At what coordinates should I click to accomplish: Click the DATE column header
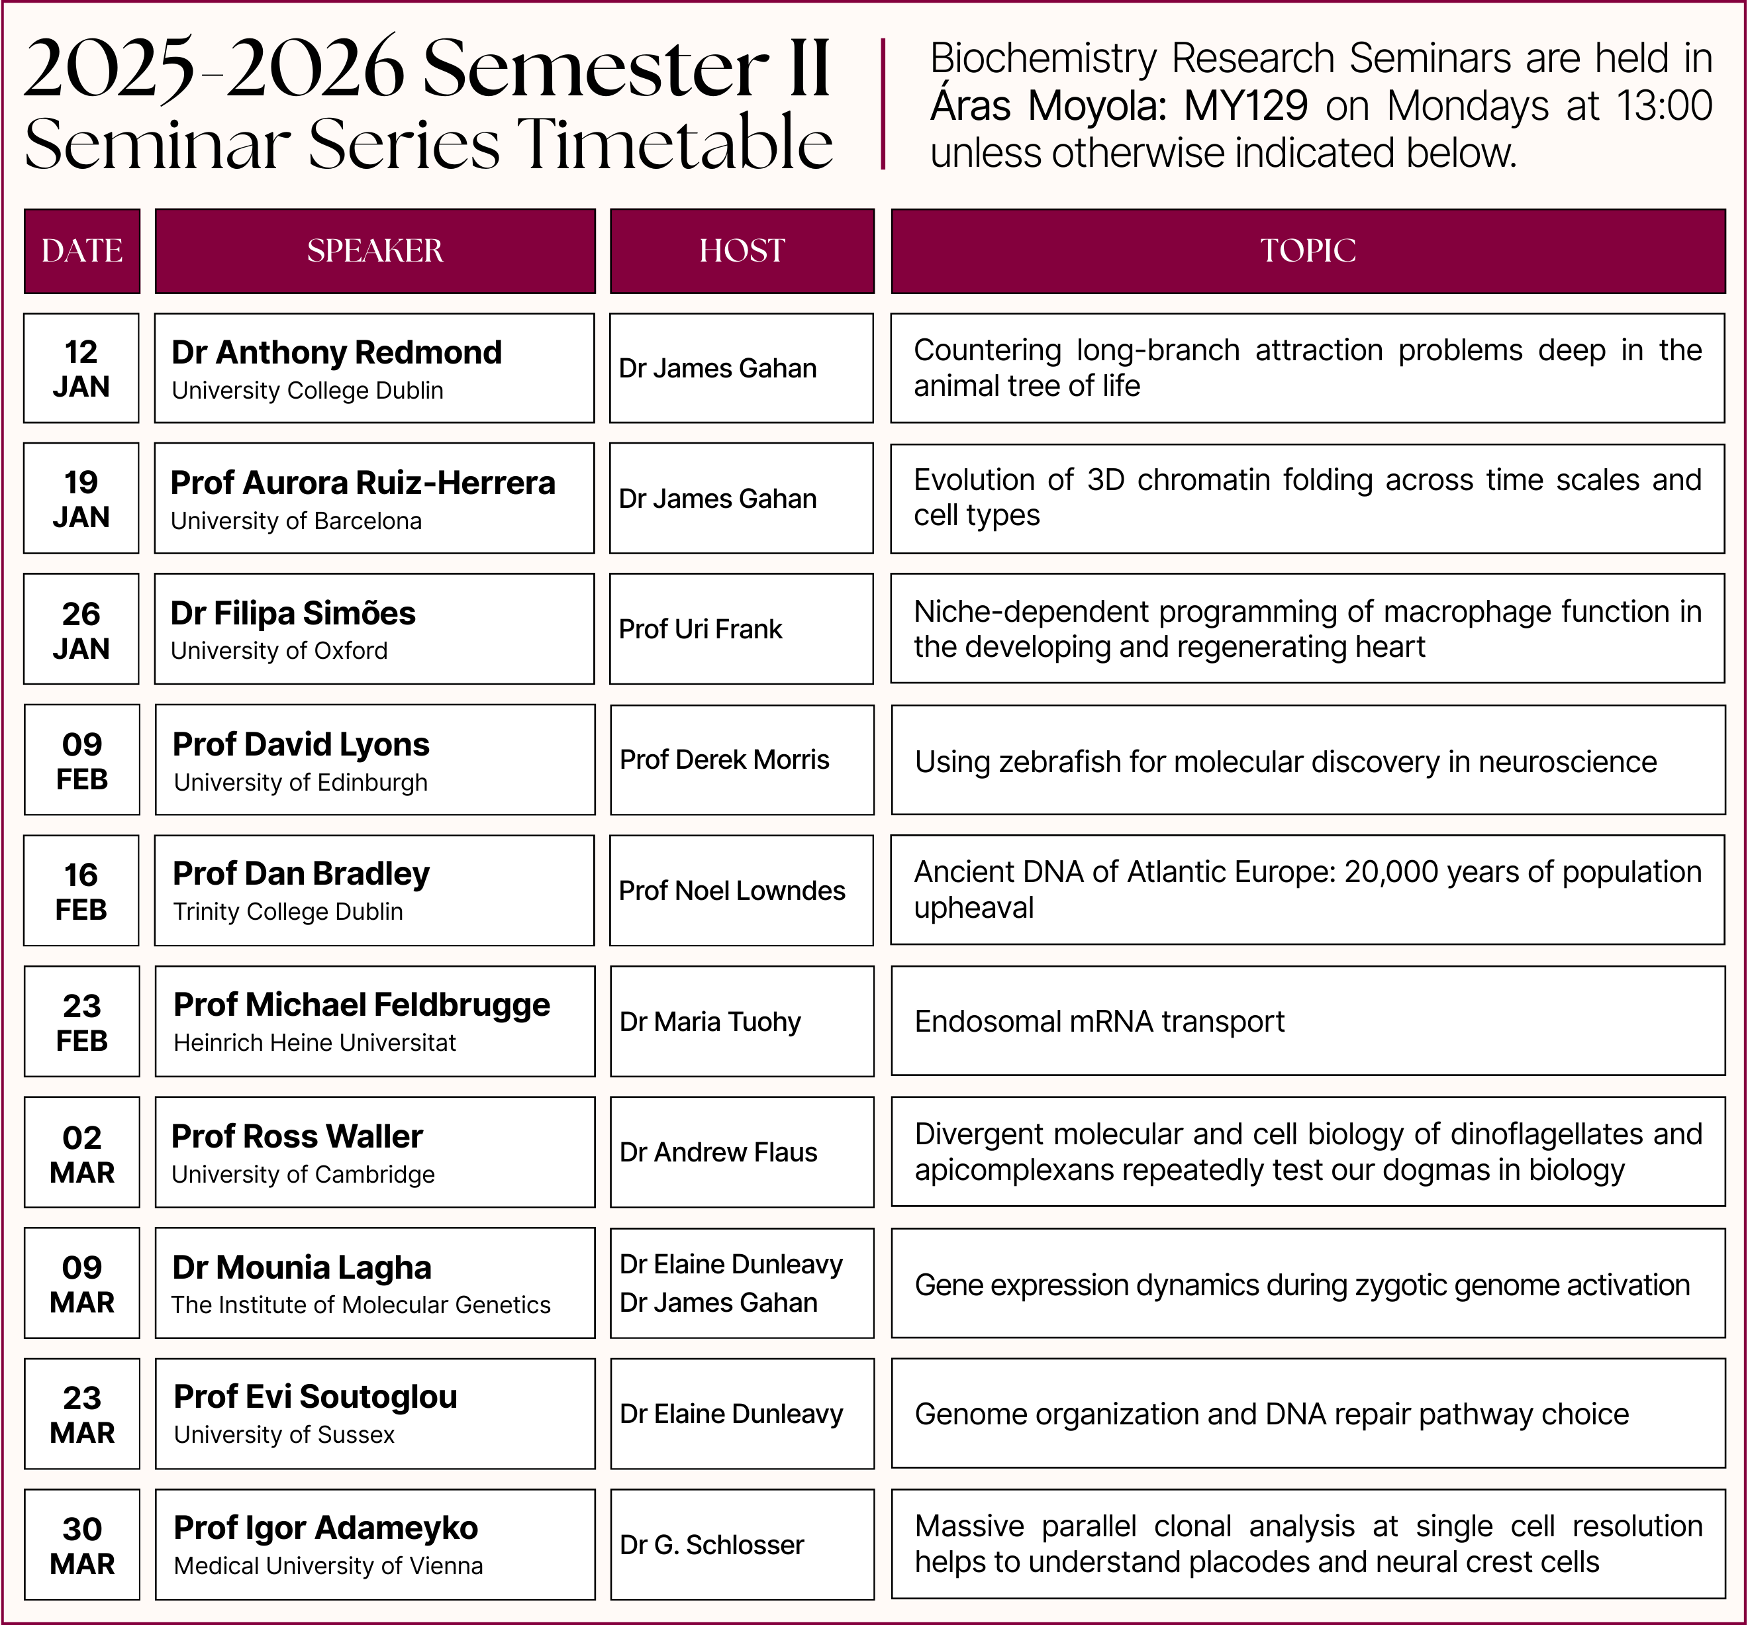click(82, 250)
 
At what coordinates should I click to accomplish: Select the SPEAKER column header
click(375, 250)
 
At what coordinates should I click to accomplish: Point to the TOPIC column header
click(1308, 250)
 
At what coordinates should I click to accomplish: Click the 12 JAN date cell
click(81, 368)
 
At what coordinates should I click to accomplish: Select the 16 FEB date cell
click(81, 891)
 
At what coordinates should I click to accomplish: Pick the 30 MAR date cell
click(82, 1545)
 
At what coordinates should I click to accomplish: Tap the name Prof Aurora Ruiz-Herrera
click(362, 483)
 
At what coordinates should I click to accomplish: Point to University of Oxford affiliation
click(279, 651)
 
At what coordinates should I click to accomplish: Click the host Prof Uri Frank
click(700, 628)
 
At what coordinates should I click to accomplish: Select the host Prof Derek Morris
click(724, 760)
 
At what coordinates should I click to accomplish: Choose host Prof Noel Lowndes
click(732, 891)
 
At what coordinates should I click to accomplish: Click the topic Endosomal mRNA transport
click(1099, 1021)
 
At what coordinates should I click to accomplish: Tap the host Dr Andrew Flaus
click(718, 1152)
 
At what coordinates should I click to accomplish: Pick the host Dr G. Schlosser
click(711, 1545)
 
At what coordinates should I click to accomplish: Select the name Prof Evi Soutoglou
click(315, 1397)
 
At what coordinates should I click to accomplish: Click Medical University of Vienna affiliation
click(328, 1566)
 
